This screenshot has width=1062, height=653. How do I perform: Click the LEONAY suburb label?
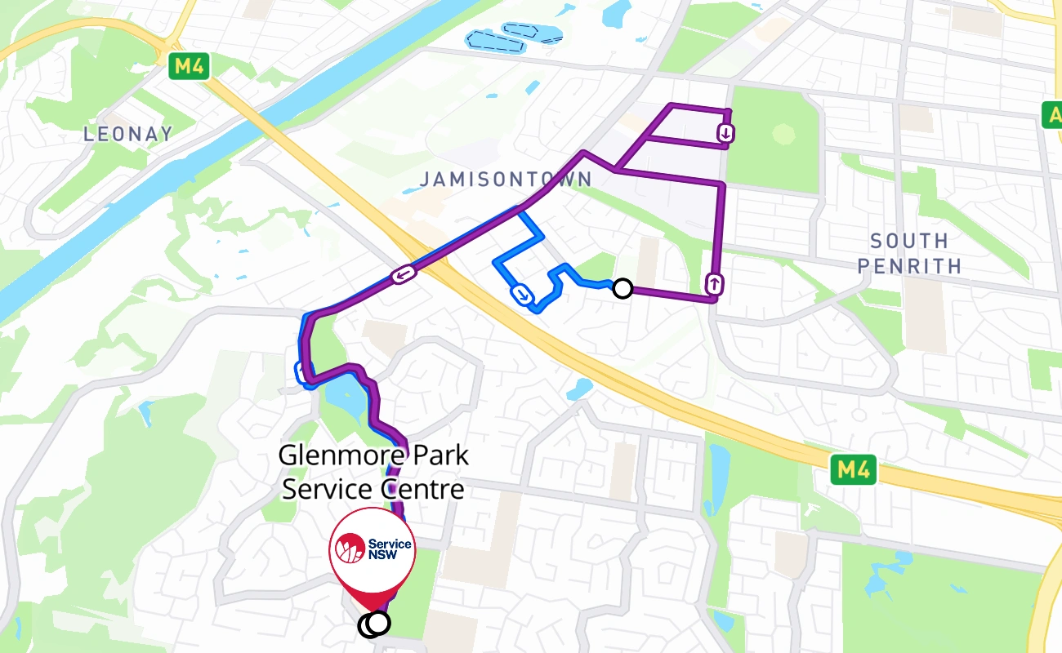pyautogui.click(x=128, y=134)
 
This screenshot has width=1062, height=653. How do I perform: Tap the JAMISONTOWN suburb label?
pyautogui.click(x=506, y=179)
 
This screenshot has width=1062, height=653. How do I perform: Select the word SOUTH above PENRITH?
pyautogui.click(x=908, y=241)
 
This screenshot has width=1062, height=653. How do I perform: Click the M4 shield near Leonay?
pyautogui.click(x=189, y=67)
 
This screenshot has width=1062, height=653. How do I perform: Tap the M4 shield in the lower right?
pyautogui.click(x=853, y=470)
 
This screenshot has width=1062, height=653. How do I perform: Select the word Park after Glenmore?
pyautogui.click(x=434, y=455)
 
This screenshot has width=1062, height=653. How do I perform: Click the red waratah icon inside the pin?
pyautogui.click(x=350, y=549)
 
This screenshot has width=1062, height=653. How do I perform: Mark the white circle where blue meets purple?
pyautogui.click(x=622, y=287)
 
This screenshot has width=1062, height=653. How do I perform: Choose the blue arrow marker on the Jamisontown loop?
pyautogui.click(x=521, y=292)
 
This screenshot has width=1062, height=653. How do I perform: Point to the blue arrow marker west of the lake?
pyautogui.click(x=302, y=372)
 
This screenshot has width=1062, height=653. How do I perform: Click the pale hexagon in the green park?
pyautogui.click(x=783, y=134)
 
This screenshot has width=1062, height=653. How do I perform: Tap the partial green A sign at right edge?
pyautogui.click(x=1053, y=113)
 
